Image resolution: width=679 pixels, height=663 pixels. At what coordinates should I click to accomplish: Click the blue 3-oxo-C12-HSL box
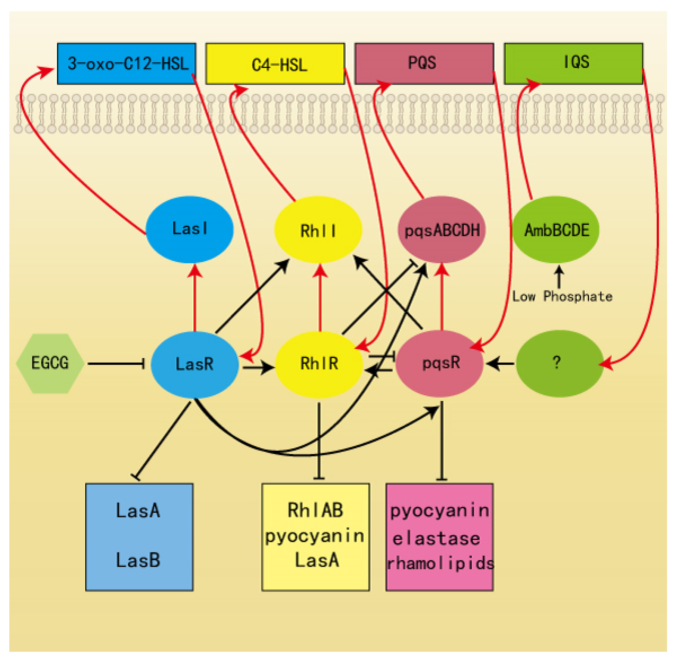(x=127, y=63)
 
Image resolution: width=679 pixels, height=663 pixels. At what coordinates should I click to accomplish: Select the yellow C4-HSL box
(x=275, y=63)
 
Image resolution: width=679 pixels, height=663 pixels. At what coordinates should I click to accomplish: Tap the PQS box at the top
(x=424, y=63)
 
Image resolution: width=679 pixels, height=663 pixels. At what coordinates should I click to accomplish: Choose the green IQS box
(x=574, y=63)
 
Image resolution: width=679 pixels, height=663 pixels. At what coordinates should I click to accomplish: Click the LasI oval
(x=190, y=230)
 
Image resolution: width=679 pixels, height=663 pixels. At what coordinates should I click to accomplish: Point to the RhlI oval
(x=318, y=230)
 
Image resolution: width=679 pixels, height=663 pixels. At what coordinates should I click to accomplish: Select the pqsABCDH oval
(x=442, y=230)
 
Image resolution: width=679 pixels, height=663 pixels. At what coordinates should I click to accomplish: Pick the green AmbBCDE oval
(x=556, y=230)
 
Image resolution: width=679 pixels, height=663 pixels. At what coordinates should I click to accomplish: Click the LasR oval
(x=195, y=364)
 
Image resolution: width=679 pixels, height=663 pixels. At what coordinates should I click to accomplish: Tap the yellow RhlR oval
(x=319, y=364)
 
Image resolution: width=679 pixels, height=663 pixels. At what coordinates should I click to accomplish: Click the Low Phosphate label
(x=562, y=297)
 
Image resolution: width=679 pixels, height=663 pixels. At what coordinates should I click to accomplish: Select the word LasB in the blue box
(x=138, y=560)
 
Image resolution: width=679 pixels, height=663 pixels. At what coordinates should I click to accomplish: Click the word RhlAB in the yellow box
(x=315, y=510)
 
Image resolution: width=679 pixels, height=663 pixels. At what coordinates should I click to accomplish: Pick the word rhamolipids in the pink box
(x=440, y=563)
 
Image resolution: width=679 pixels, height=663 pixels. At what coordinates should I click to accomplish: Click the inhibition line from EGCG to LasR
(x=116, y=364)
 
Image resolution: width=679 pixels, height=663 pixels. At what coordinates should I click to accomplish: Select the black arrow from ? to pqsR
(x=501, y=363)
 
